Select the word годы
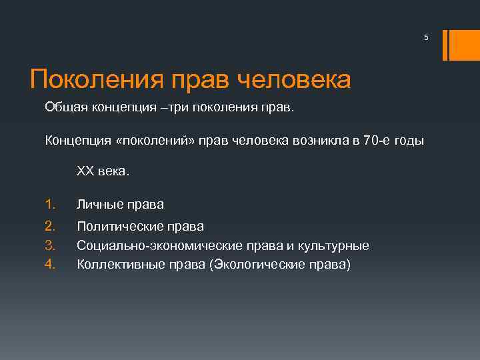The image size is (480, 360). point(407,139)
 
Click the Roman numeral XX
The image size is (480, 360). point(85,171)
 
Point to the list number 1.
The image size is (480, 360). point(49,204)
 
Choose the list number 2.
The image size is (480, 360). point(49,227)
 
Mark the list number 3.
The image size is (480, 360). point(49,246)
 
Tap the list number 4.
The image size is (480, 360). point(49,265)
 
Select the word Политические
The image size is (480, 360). point(119,227)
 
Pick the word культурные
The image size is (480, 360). point(334,246)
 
